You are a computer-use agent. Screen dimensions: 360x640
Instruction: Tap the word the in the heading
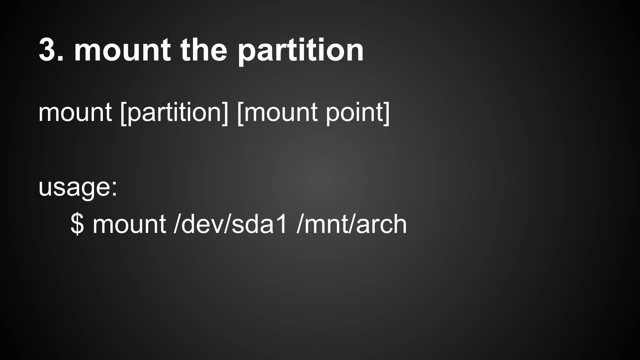tap(203, 50)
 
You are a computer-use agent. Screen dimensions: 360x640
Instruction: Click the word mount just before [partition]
tap(75, 112)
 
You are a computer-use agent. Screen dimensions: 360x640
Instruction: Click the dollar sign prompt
tap(77, 224)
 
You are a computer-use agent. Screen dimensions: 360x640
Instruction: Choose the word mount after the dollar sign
tap(129, 224)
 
